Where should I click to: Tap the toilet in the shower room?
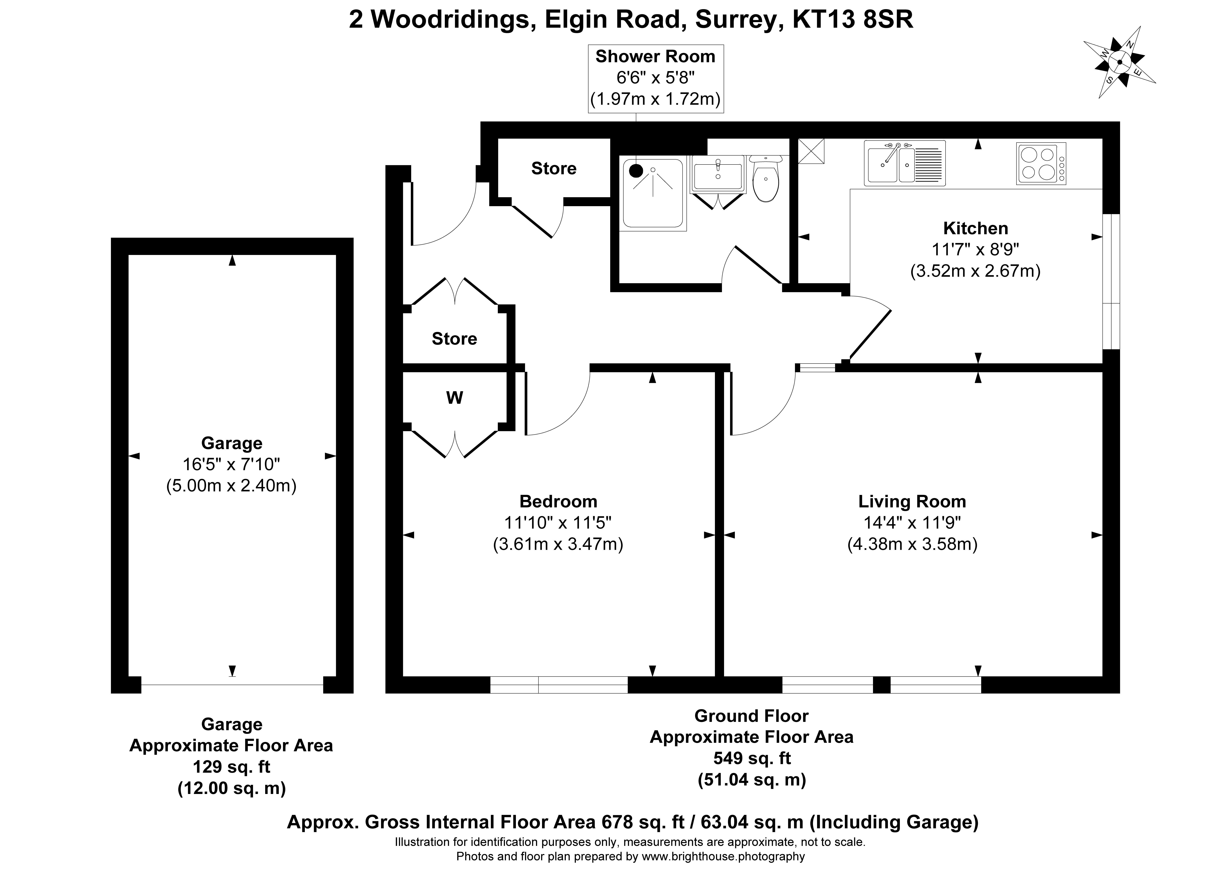(x=766, y=180)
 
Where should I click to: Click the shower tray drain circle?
(x=636, y=171)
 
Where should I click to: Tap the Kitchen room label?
(x=975, y=228)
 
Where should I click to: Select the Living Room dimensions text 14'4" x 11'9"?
(x=912, y=522)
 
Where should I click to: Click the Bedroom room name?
(x=558, y=502)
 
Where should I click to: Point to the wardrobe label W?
(x=455, y=398)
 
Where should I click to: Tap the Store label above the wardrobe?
(x=454, y=339)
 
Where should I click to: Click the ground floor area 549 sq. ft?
(x=752, y=759)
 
